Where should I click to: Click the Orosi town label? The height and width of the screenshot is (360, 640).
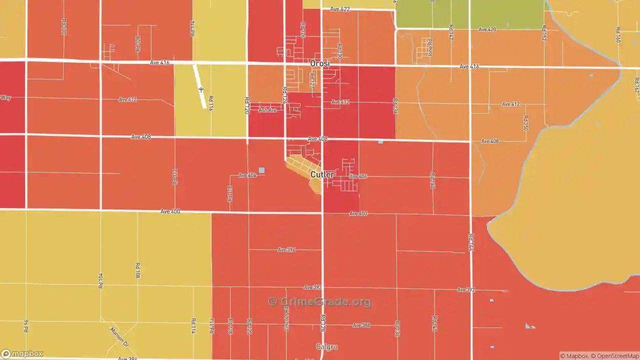319,63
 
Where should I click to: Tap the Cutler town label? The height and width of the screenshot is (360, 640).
322,174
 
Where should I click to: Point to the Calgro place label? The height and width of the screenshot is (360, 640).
327,346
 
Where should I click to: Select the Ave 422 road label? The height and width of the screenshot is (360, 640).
340,9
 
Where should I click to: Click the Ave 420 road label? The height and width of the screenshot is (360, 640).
486,29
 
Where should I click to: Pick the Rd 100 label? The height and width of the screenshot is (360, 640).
63,27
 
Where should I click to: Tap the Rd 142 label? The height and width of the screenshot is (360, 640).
451,32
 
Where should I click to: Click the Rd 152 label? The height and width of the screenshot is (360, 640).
544,33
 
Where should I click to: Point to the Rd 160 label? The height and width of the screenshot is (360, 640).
618,34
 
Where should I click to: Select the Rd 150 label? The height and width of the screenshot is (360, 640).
525,123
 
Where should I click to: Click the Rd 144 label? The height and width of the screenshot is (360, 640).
470,242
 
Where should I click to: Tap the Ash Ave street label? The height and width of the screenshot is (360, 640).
267,110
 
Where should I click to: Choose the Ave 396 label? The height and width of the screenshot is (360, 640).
286,249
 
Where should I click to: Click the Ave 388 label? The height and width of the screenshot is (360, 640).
361,325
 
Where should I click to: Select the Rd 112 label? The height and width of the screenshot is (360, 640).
175,177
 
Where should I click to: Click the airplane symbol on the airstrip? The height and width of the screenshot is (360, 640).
201,89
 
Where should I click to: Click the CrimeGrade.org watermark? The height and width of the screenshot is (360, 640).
319,301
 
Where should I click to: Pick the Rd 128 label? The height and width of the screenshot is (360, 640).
323,322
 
